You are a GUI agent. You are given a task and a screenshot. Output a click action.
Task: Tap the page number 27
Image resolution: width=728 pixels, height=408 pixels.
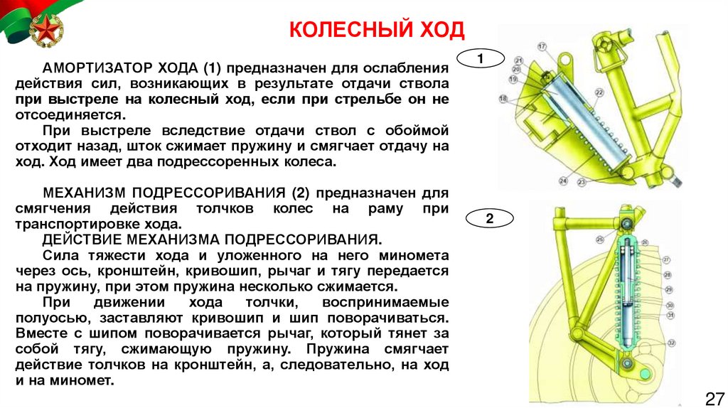[713, 397]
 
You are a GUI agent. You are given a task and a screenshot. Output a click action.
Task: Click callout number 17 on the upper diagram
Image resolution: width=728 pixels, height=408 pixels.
[541, 46]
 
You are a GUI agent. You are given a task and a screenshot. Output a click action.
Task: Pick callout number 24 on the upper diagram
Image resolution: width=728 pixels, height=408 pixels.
[563, 181]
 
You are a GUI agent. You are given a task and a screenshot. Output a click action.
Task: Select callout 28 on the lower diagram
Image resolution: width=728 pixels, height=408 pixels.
[667, 274]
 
